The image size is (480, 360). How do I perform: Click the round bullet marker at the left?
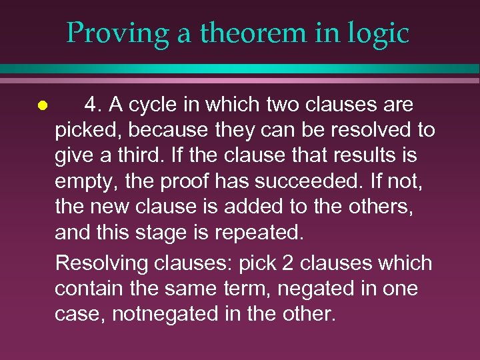pyautogui.click(x=41, y=105)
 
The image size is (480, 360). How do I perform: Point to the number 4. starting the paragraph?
pyautogui.click(x=94, y=105)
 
